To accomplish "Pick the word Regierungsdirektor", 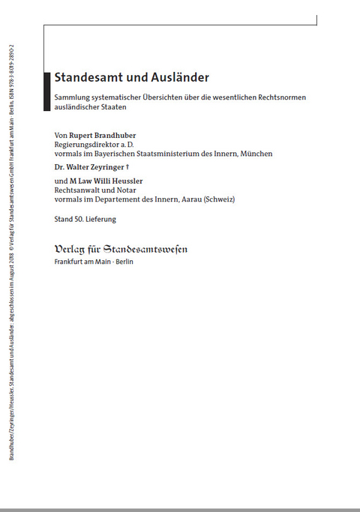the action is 88,145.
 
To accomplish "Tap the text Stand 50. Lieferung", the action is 85,219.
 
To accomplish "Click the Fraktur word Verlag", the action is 72,249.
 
